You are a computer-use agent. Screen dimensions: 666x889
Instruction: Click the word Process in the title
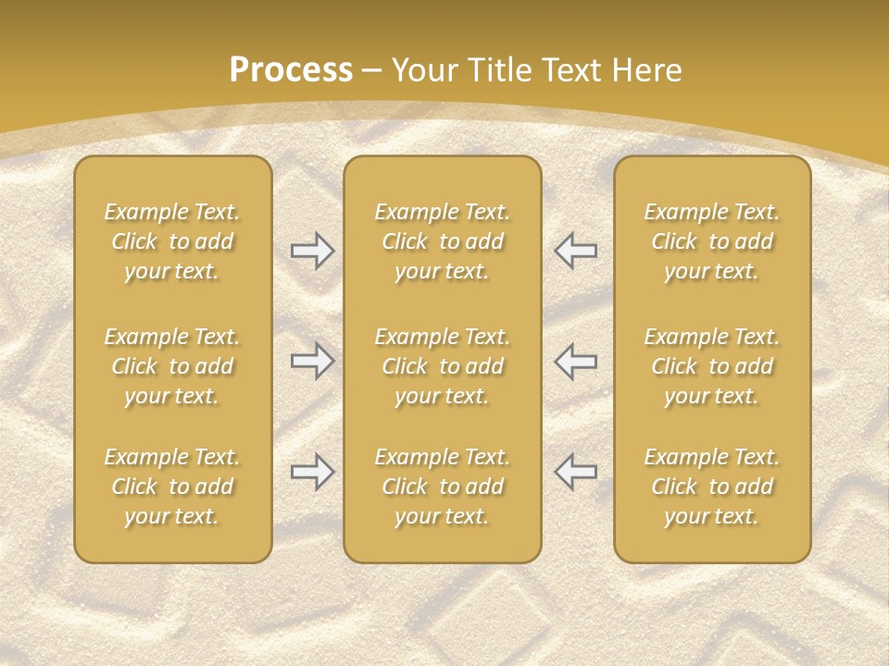[x=291, y=70]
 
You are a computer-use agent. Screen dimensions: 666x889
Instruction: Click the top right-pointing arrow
[x=313, y=251]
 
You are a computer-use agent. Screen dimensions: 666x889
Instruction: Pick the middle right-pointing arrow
[x=313, y=361]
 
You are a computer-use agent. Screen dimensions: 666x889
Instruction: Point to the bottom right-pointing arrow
[x=313, y=472]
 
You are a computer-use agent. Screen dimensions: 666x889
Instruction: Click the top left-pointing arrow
[x=575, y=251]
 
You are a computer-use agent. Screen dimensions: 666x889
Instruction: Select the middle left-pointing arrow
[x=575, y=361]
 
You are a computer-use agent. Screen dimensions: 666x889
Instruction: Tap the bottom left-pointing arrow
[x=575, y=472]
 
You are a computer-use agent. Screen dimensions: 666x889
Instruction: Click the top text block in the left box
[x=172, y=241]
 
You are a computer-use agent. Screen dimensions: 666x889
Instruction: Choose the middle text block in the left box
[x=172, y=366]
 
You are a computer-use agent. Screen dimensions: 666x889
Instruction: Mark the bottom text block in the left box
[x=172, y=487]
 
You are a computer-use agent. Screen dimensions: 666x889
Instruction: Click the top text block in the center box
[x=443, y=241]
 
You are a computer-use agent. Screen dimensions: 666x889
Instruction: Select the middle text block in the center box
[x=443, y=366]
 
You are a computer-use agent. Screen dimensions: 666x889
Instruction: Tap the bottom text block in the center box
[x=443, y=487]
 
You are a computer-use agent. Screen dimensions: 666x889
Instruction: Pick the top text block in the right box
[x=712, y=241]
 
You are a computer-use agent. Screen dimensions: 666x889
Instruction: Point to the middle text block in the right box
[x=712, y=366]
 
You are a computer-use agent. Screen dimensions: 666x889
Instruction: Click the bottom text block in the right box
[x=712, y=487]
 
